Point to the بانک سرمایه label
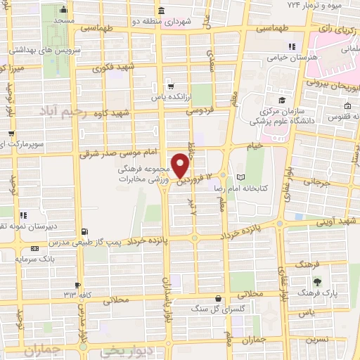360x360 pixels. [x=20, y=259]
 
